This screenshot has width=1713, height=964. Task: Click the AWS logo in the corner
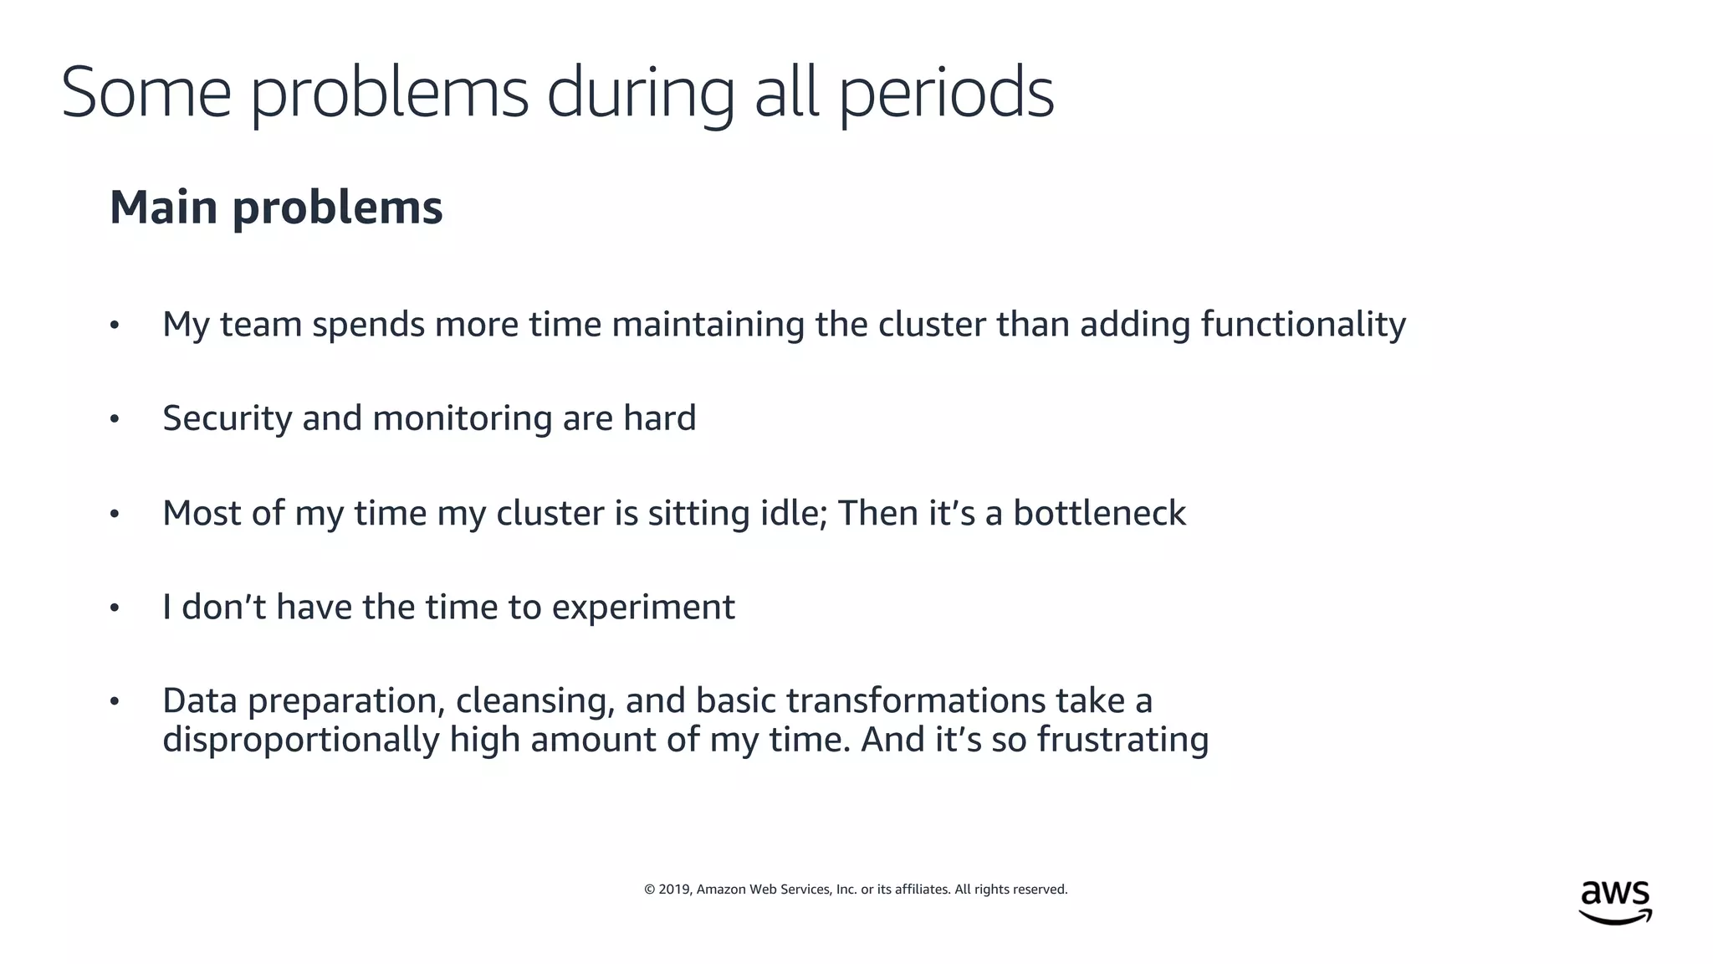coord(1615,902)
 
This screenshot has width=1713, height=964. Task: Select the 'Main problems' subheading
coord(276,208)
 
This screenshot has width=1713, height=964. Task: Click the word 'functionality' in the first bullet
coord(1303,325)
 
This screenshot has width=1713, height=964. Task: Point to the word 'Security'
coord(227,418)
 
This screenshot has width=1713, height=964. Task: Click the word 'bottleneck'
coord(1099,513)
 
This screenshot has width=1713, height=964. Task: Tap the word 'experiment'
coord(643,608)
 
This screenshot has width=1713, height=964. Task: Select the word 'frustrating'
coord(1122,740)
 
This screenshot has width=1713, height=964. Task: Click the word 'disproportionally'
coord(300,740)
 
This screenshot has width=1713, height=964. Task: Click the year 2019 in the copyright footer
coord(673,889)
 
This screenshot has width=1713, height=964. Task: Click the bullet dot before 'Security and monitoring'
coord(115,419)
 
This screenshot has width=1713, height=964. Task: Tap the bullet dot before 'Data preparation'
coord(115,701)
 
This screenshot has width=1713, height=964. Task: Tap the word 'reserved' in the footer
coord(1042,889)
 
